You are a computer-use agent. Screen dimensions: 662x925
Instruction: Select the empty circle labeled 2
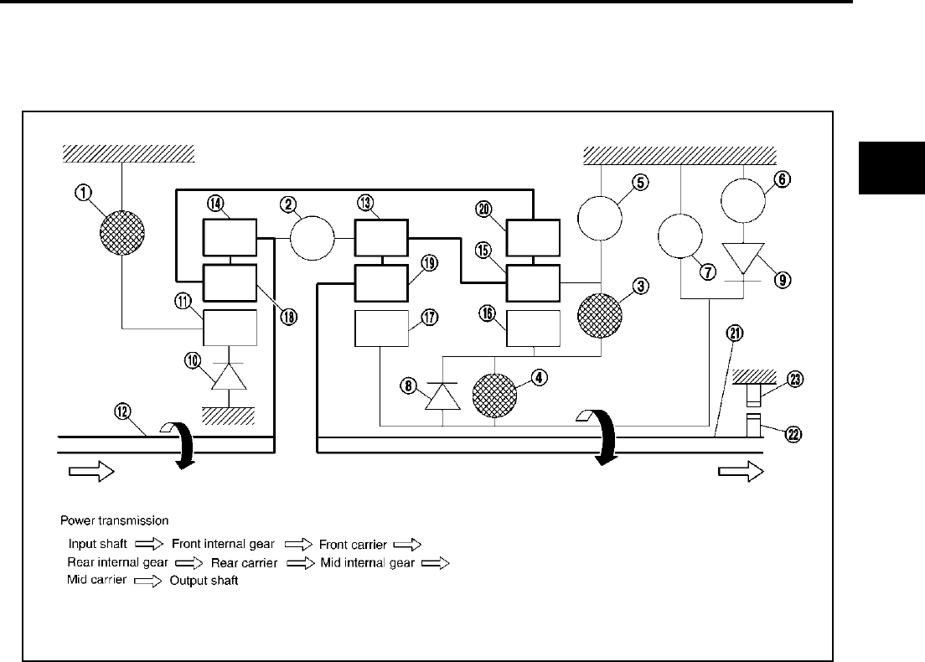[312, 239]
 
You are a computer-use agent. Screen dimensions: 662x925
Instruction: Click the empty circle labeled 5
[600, 218]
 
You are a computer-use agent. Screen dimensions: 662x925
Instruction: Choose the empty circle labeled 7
[680, 236]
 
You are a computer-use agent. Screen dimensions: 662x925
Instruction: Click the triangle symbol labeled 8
[442, 394]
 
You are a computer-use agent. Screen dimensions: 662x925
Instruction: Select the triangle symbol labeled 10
[228, 376]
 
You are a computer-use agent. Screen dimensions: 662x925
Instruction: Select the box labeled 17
[380, 328]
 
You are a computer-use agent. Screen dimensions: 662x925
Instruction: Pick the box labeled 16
[534, 328]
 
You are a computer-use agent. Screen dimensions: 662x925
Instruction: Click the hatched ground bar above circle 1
[128, 153]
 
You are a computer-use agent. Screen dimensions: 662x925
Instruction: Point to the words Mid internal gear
[367, 562]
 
